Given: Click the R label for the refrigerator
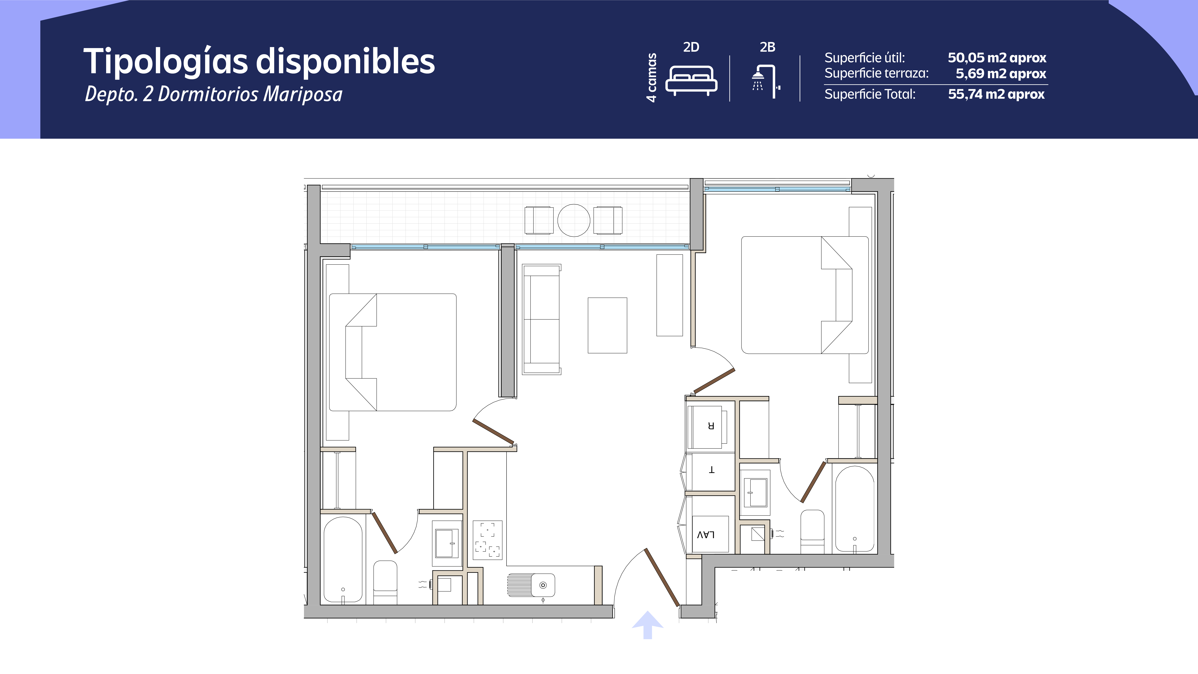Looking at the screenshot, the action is tap(711, 425).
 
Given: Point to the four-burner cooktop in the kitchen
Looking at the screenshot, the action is tap(487, 540).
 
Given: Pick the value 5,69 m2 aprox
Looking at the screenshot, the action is tap(1001, 74).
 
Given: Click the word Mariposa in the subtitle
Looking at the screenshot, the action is tap(303, 94).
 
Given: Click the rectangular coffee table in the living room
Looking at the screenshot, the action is tap(607, 325).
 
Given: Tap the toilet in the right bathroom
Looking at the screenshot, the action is tap(812, 532).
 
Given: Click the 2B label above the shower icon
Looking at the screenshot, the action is tap(767, 47).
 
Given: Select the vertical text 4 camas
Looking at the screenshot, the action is tap(652, 77).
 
